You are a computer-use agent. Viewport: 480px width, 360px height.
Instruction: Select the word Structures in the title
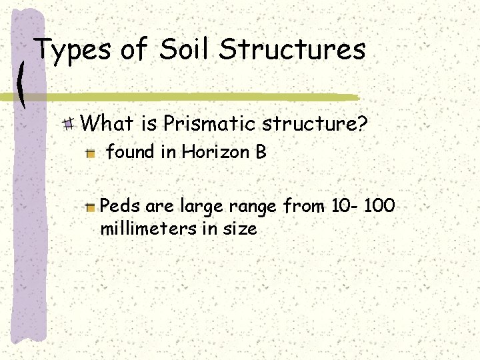coord(293,50)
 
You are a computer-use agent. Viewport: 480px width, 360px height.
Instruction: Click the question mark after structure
coord(363,123)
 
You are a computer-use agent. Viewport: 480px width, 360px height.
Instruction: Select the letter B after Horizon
coord(261,152)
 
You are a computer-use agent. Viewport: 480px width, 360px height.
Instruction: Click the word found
coord(130,152)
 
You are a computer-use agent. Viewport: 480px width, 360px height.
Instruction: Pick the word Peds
coord(117,207)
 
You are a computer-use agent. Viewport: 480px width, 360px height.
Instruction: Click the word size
coord(240,229)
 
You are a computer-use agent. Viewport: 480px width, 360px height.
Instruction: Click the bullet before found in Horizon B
coord(91,153)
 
